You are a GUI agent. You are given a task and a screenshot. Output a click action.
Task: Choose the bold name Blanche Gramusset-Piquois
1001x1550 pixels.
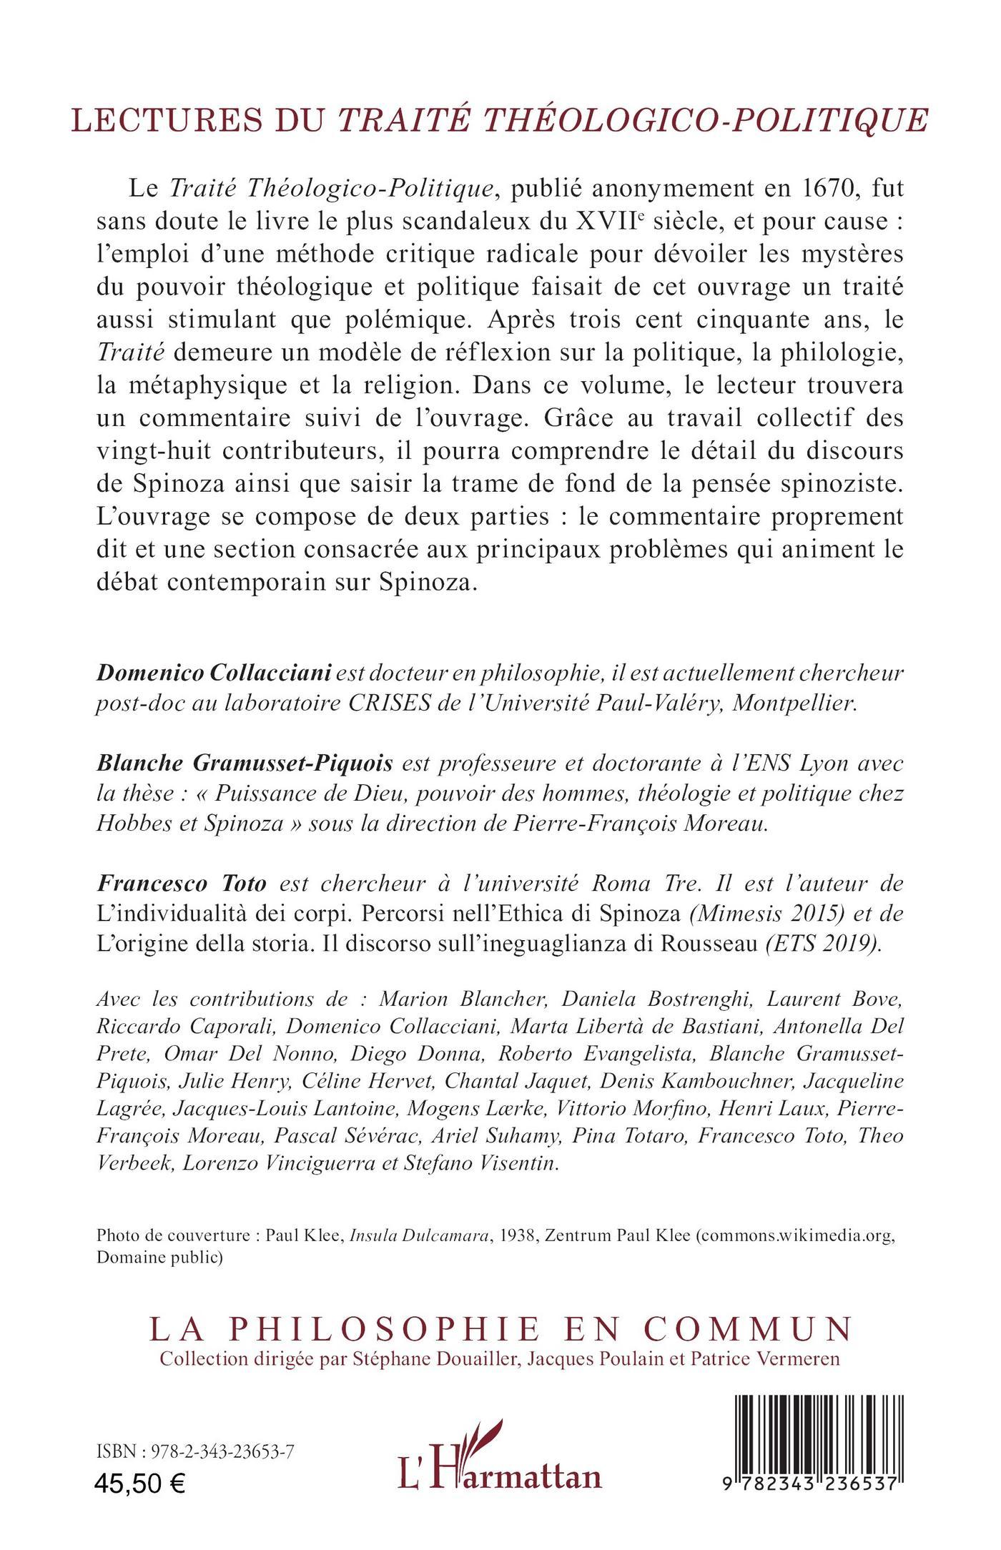pos(245,764)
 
